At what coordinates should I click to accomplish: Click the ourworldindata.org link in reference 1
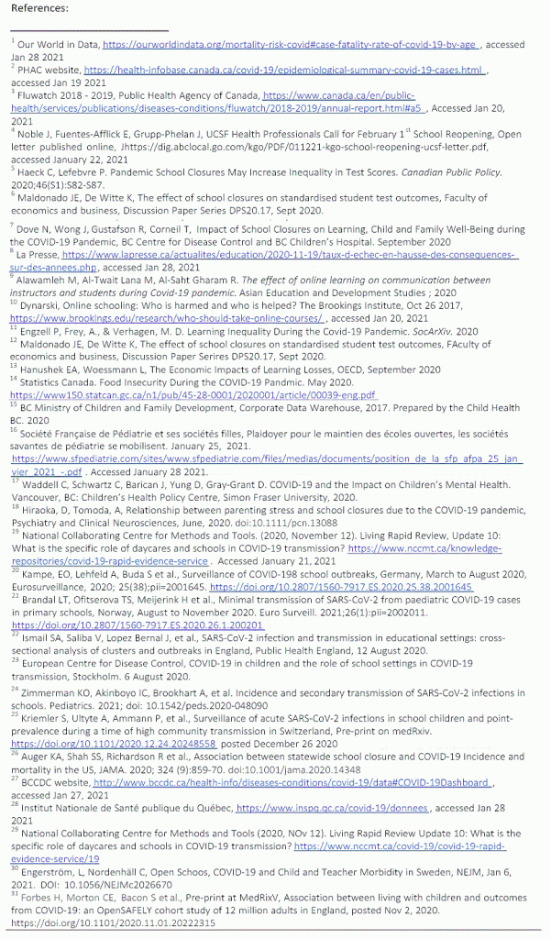coord(291,43)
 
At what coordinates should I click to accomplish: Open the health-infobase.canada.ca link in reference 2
coord(284,69)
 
